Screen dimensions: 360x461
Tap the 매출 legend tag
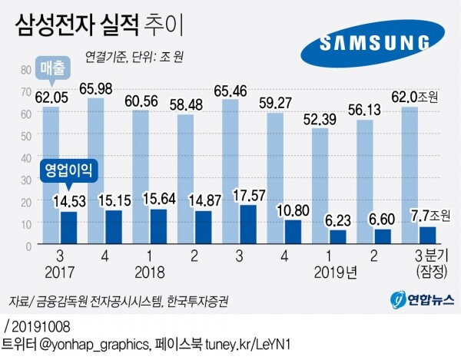(53, 68)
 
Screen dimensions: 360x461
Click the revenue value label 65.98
(96, 88)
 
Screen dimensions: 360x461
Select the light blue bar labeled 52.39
(320, 187)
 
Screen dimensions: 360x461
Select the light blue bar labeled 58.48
(185, 179)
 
